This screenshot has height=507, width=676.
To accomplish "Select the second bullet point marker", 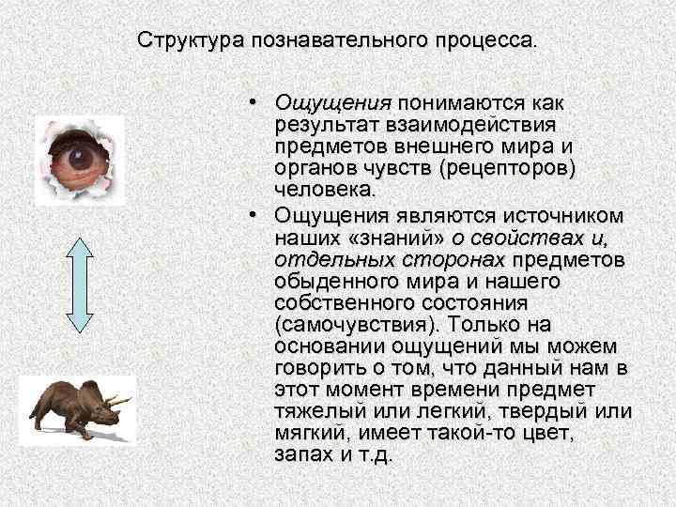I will tap(255, 216).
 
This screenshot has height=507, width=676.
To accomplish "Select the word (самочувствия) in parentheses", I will tap(359, 325).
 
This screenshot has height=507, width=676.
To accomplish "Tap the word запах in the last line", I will tap(299, 455).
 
